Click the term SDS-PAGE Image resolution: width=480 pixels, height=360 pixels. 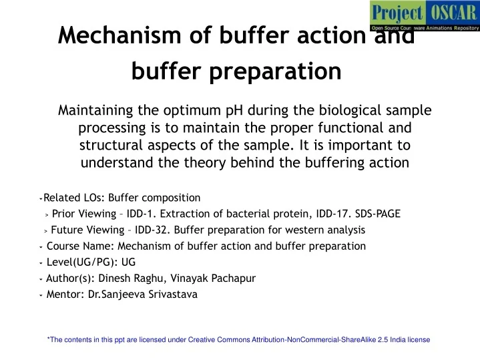tap(377, 214)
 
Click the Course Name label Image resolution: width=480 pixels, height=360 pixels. tap(77, 246)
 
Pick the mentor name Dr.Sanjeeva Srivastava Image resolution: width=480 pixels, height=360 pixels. tap(143, 294)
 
